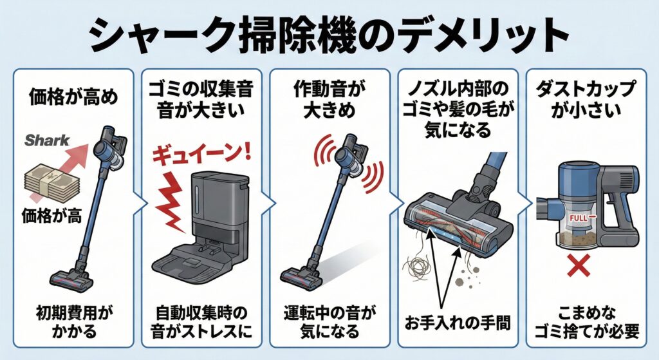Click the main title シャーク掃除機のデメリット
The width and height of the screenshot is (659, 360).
coord(329,33)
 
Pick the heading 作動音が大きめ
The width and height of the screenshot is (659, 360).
coord(329,98)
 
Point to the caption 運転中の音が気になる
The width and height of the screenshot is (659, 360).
coord(329,324)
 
